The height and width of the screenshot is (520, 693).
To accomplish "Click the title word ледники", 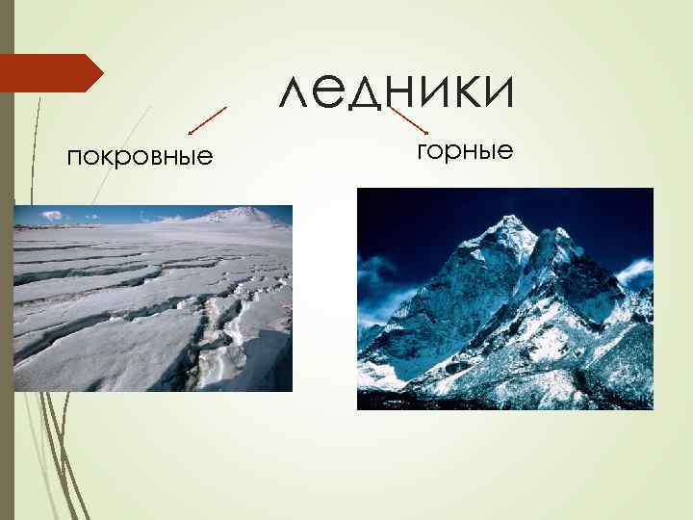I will tap(397, 91).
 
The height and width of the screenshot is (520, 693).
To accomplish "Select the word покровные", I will tap(140, 155).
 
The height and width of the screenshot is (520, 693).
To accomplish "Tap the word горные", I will tap(464, 151).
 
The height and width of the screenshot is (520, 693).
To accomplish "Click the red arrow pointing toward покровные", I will tap(207, 119).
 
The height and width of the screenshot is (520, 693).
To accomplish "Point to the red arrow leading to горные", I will tap(408, 120).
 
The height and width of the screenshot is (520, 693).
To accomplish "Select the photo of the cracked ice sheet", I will tap(153, 299).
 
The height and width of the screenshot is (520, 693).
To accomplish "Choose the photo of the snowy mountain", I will tap(504, 299).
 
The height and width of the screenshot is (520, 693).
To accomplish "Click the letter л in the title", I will tap(295, 93).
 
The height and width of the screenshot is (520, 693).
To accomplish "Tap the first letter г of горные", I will tap(423, 152).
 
